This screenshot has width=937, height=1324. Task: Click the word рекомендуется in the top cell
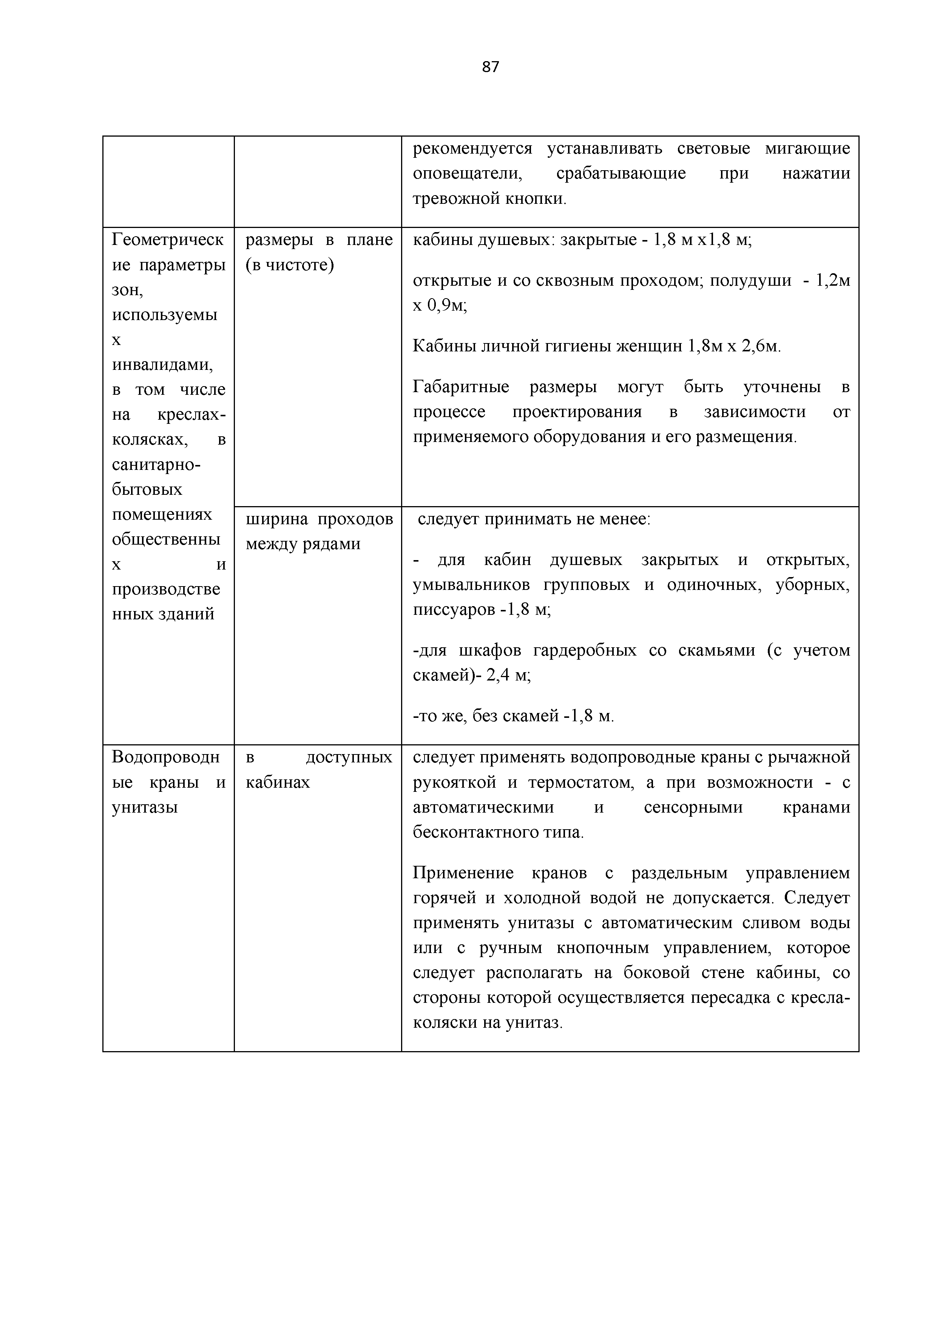click(x=472, y=148)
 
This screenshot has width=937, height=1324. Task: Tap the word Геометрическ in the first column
click(x=167, y=239)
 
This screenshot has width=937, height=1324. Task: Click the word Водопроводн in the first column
click(x=165, y=757)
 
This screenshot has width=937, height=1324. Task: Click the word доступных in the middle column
click(x=349, y=757)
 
